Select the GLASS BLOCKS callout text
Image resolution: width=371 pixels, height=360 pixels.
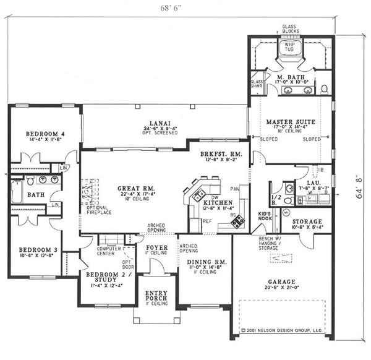point(289,29)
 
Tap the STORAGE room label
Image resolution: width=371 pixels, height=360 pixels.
point(306,221)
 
